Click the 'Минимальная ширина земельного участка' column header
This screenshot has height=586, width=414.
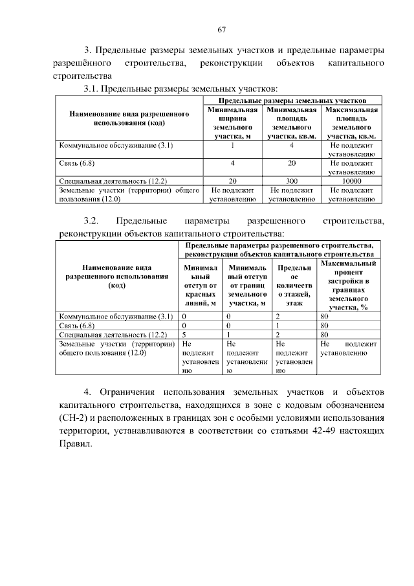(232, 123)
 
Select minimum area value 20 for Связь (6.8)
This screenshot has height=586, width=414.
(292, 164)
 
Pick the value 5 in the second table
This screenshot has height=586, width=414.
(184, 335)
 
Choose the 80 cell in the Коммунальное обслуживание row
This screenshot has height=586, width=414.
(326, 317)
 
